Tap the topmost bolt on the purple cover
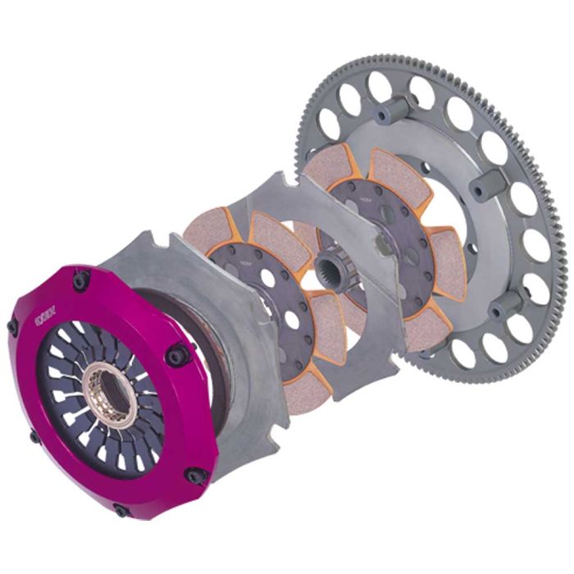[80, 280]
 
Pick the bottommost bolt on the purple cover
[122, 510]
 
